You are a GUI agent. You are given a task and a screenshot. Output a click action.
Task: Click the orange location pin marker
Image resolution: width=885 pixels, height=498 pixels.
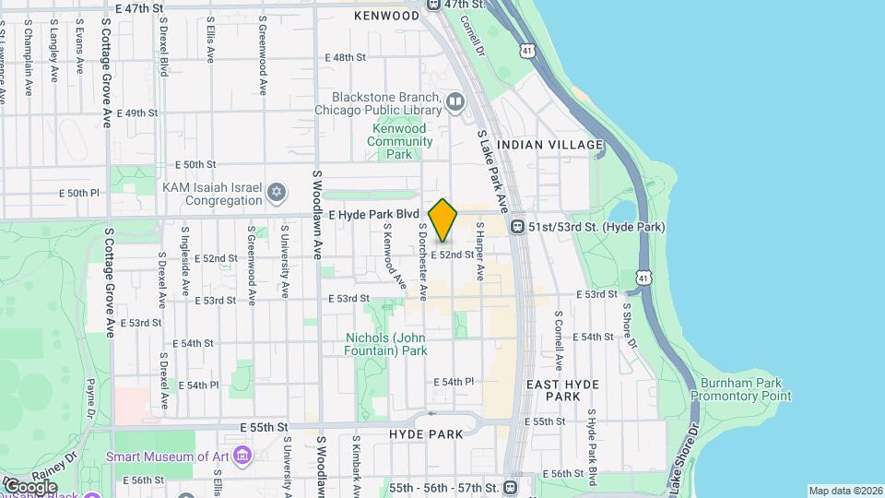443,219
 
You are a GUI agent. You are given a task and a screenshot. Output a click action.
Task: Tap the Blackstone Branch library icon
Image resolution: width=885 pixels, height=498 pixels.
454,101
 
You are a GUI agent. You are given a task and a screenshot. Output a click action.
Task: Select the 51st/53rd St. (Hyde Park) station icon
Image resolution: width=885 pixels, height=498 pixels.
518,226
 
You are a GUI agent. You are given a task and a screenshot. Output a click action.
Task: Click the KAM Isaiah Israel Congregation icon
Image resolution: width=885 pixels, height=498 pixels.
274,194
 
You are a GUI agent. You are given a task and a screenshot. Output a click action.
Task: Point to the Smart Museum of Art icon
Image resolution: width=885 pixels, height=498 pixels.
242,456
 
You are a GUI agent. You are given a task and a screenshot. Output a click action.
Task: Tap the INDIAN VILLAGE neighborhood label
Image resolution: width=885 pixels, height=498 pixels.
549,145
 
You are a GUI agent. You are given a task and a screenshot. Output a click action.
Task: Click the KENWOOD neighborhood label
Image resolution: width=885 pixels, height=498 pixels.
386,17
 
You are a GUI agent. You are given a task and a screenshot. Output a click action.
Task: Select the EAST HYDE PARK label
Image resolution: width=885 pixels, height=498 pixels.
562,390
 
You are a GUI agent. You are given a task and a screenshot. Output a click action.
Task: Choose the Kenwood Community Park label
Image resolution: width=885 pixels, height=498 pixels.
399,141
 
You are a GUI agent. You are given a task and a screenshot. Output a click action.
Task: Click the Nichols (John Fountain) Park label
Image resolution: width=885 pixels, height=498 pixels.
386,343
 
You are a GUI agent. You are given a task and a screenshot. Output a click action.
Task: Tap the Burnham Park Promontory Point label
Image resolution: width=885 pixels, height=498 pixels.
745,389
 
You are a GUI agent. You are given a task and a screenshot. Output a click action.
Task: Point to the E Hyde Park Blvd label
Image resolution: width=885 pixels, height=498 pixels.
368,214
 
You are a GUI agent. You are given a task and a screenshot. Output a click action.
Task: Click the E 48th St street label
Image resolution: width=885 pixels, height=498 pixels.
346,57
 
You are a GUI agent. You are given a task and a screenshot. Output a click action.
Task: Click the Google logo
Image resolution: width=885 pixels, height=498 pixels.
30,486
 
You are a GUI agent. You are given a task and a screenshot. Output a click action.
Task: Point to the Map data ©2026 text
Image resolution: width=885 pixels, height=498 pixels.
844,491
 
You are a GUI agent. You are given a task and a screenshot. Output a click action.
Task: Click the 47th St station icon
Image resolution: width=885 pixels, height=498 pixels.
433,5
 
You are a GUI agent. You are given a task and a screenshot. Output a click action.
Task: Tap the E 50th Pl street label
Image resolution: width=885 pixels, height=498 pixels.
78,194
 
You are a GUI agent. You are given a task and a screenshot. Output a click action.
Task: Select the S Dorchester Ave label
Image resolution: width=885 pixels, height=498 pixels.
423,261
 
